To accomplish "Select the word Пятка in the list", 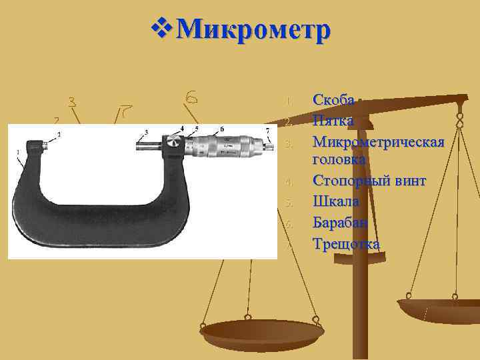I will click(333, 121).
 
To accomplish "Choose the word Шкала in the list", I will click(336, 201).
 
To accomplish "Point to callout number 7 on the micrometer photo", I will click(267, 131).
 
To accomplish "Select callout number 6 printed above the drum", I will click(221, 128).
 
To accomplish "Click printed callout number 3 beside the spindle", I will click(146, 132).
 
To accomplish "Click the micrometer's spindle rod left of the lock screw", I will click(152, 142).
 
